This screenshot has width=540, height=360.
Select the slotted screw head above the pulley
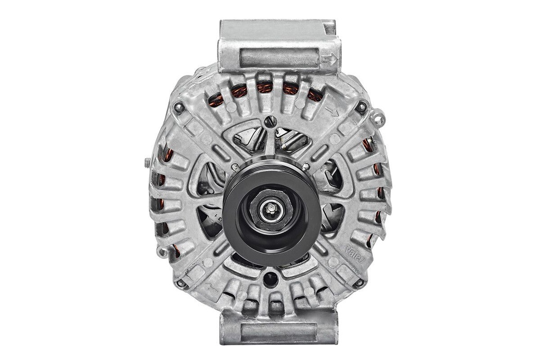(270, 122)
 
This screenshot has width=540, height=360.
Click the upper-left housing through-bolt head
(179, 108)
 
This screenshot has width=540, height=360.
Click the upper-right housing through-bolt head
(361, 107)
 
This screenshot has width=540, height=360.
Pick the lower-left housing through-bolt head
(181, 283)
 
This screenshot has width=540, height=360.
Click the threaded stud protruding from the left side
(147, 163)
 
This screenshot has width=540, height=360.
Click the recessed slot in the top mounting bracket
(279, 57)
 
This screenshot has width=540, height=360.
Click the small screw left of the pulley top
(234, 167)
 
